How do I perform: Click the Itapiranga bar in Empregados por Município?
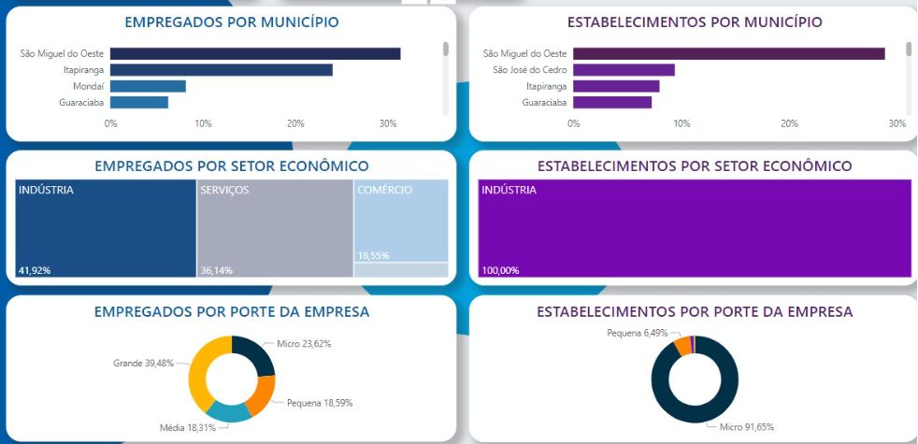(221, 69)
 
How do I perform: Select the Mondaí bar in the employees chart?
(148, 86)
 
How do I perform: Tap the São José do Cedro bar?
(624, 69)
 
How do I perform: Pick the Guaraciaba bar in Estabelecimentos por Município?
(612, 102)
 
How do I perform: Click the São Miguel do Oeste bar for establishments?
(728, 53)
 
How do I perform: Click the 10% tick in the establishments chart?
(681, 123)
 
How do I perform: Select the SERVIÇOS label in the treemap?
(224, 190)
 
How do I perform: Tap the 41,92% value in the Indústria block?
(34, 270)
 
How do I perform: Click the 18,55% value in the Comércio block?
(374, 255)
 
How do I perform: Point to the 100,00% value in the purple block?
(500, 270)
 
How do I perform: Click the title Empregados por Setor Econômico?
(231, 165)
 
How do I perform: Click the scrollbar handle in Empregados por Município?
(446, 49)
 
